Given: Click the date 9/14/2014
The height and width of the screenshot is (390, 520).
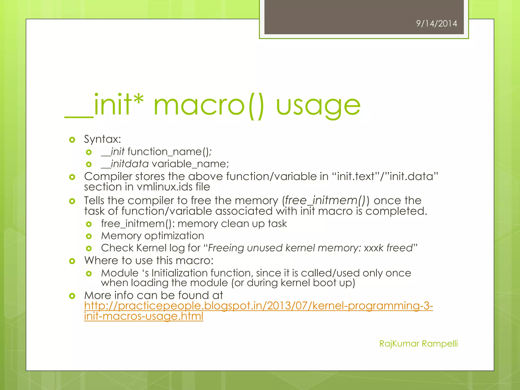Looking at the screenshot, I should coord(436,24).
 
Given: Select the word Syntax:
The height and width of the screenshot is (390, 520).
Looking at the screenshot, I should coord(103,139).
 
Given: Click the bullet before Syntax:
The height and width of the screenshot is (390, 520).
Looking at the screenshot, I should coord(72,140).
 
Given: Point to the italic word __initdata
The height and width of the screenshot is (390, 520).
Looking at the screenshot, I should coord(125,164).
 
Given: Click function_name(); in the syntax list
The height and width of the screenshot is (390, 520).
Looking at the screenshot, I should coord(169,152).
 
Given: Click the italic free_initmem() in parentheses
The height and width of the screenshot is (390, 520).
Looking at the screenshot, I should coord(325,201).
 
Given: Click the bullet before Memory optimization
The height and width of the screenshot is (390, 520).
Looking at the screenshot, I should coord(89,236).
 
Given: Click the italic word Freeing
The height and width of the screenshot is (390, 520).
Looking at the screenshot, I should coord(226,248).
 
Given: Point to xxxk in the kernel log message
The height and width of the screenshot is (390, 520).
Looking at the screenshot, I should coord(373,248).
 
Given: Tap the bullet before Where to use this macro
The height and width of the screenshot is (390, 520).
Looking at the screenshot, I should coord(72,261).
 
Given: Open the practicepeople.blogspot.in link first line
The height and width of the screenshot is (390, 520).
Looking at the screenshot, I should coord(258,306).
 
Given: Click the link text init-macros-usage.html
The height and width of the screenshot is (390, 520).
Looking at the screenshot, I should coord(144,316).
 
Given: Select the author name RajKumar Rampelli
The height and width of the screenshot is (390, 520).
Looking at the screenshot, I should coord(418,344).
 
